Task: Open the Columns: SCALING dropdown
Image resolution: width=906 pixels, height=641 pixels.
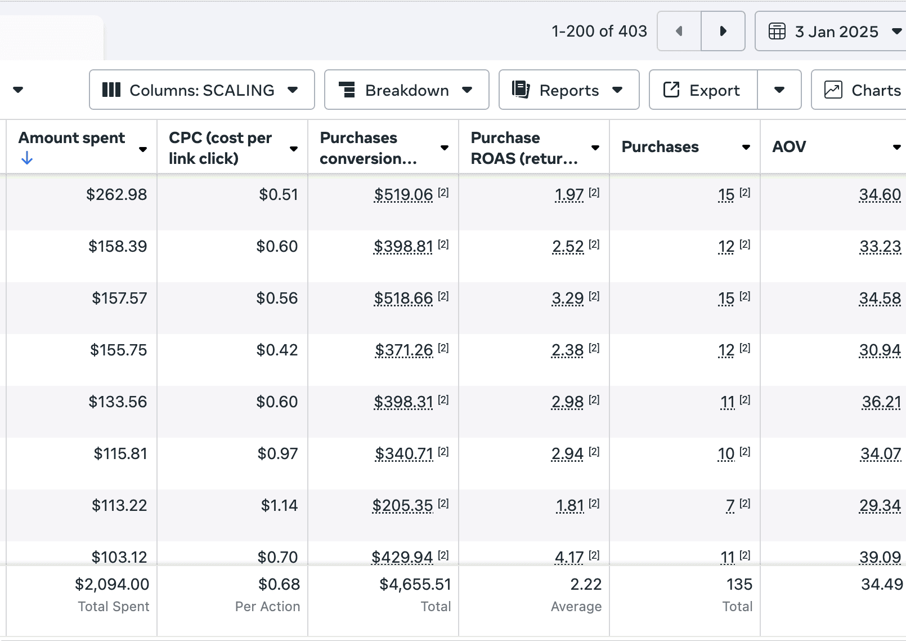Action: [202, 90]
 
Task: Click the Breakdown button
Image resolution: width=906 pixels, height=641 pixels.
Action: [406, 90]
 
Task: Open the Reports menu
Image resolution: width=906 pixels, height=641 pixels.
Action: [569, 90]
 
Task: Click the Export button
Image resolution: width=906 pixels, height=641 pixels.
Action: [703, 90]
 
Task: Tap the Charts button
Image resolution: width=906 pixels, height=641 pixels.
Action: [859, 90]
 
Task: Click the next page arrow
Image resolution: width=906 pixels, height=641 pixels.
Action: [723, 31]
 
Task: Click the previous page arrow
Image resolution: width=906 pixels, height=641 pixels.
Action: [679, 31]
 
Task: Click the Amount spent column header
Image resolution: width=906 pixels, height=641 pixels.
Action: [71, 137]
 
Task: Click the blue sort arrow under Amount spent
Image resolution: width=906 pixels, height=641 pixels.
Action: [26, 158]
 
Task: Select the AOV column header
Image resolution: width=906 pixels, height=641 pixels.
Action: [789, 146]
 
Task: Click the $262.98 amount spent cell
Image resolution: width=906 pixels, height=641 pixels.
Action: [116, 194]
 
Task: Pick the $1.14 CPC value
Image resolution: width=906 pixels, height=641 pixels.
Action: [279, 505]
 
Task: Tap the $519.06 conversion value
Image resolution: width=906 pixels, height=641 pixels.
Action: [403, 195]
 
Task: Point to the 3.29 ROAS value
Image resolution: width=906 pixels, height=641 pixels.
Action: [567, 299]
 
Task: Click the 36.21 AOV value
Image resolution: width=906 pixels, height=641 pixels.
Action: [881, 402]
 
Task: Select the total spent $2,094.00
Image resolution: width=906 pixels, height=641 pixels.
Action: [112, 584]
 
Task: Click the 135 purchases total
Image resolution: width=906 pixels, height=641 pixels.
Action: [739, 584]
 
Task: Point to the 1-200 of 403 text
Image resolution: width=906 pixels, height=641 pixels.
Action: [599, 31]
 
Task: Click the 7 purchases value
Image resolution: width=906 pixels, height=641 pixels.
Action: [730, 506]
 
